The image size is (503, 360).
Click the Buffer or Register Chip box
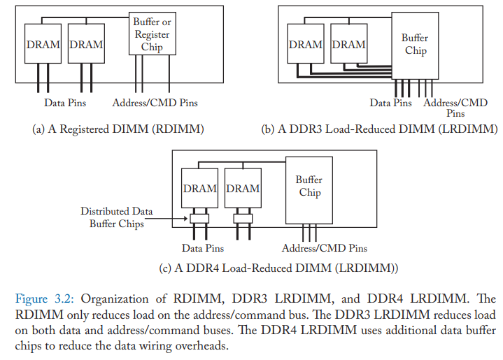point(153,34)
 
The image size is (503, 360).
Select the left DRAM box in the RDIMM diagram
point(43,43)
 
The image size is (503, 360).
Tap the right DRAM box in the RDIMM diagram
point(86,43)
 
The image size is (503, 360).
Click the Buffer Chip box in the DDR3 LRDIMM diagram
point(415,46)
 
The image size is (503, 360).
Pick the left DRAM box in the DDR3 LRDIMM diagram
point(306,43)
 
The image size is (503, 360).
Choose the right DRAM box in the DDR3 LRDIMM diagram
point(349,43)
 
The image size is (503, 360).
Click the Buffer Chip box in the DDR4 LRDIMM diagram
point(309,190)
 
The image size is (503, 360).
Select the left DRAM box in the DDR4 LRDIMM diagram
point(200,188)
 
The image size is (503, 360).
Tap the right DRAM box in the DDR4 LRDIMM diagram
point(243,188)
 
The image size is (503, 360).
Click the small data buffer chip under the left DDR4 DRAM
point(199,219)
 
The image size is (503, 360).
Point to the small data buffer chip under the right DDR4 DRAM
point(243,219)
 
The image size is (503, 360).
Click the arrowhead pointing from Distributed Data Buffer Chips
point(185,219)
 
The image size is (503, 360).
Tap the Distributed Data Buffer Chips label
point(117,217)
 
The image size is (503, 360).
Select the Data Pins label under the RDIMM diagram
point(65,103)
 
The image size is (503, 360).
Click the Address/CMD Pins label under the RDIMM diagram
point(155,103)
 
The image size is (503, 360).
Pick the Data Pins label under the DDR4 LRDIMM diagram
point(203,248)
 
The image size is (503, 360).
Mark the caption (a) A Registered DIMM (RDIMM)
point(118,129)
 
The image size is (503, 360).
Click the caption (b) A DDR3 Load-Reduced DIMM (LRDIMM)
point(379,129)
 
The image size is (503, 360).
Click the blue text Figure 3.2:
point(45,298)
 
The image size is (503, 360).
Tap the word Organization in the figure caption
point(115,299)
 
